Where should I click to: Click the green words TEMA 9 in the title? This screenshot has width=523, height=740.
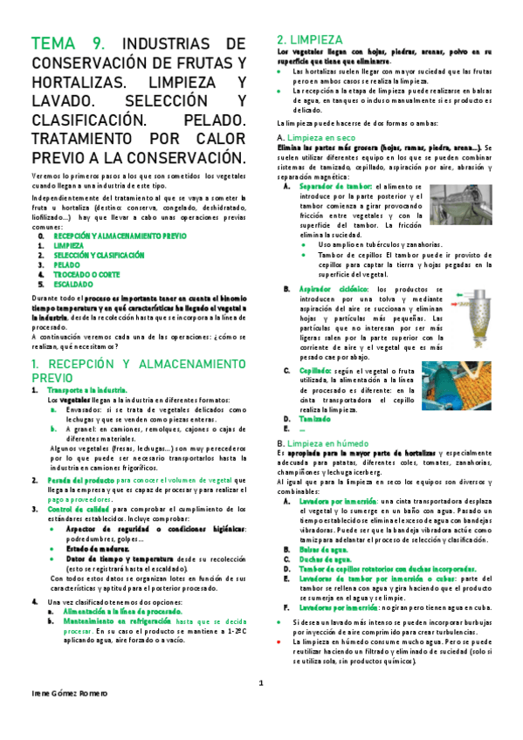[x=68, y=45]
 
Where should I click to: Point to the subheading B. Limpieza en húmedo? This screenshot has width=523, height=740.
[x=318, y=444]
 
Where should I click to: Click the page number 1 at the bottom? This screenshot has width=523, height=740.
[x=260, y=682]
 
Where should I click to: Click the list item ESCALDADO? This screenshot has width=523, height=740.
[x=74, y=284]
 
